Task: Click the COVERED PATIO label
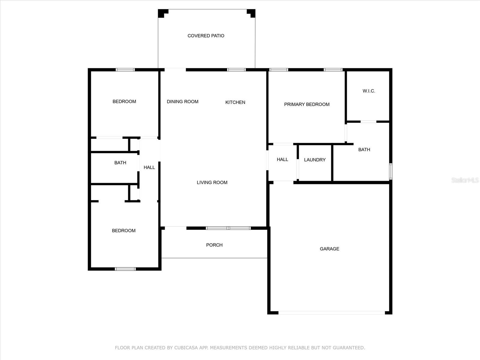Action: tap(206, 36)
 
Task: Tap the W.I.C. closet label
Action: tap(369, 91)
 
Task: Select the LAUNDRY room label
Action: tap(315, 160)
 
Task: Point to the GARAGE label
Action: tap(329, 249)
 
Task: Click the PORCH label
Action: tap(214, 245)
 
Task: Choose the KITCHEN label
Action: tap(235, 102)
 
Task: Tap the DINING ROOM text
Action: tap(182, 102)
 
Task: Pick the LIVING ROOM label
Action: tap(212, 182)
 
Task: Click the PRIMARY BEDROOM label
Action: tap(307, 104)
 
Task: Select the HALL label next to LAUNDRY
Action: tap(282, 159)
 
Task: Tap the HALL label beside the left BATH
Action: tap(149, 167)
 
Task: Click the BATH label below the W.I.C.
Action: tap(364, 149)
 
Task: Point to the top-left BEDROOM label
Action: tap(124, 101)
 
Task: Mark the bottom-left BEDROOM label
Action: tap(124, 230)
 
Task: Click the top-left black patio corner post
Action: tap(162, 13)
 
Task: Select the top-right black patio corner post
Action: tap(251, 13)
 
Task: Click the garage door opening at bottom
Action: tap(331, 313)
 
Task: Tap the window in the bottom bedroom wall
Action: tap(125, 269)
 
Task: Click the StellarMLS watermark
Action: tap(465, 180)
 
